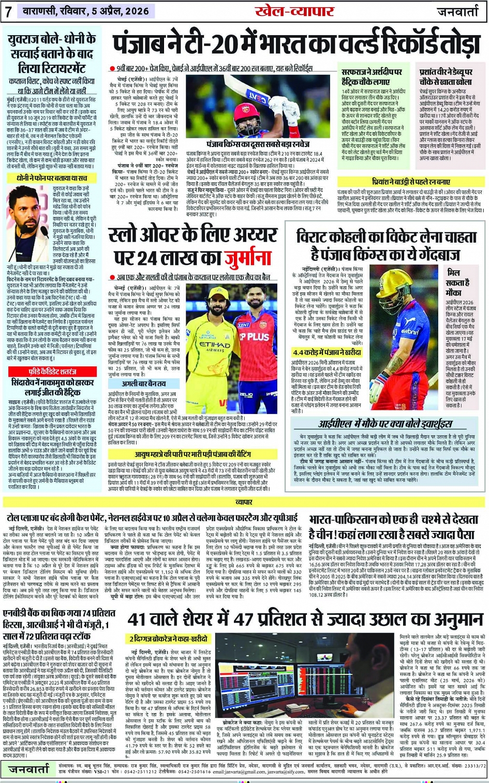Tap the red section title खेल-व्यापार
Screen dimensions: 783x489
(x=294, y=11)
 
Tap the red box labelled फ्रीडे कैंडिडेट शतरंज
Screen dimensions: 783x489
(x=52, y=372)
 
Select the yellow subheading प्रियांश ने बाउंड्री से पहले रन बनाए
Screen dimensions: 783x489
(x=411, y=182)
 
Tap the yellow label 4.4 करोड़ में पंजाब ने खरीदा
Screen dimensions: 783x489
(x=326, y=352)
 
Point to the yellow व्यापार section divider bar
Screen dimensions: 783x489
(x=244, y=502)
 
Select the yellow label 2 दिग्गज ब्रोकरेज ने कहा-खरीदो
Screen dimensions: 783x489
(x=169, y=639)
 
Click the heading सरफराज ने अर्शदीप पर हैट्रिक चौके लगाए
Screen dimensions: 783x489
(x=372, y=77)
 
